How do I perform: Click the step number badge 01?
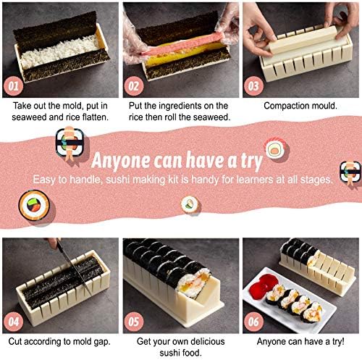[13, 86]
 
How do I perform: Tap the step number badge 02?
[134, 86]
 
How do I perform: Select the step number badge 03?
[253, 86]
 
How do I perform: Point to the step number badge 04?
[13, 322]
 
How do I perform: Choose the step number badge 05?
[134, 322]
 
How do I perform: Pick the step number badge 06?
[253, 322]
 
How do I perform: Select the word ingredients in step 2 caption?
[180, 106]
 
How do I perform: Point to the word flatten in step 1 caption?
[96, 117]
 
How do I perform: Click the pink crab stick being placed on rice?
[183, 44]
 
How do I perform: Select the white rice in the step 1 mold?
[59, 51]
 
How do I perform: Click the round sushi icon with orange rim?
[34, 205]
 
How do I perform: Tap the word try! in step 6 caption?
[338, 342]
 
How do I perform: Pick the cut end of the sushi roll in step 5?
[193, 280]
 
